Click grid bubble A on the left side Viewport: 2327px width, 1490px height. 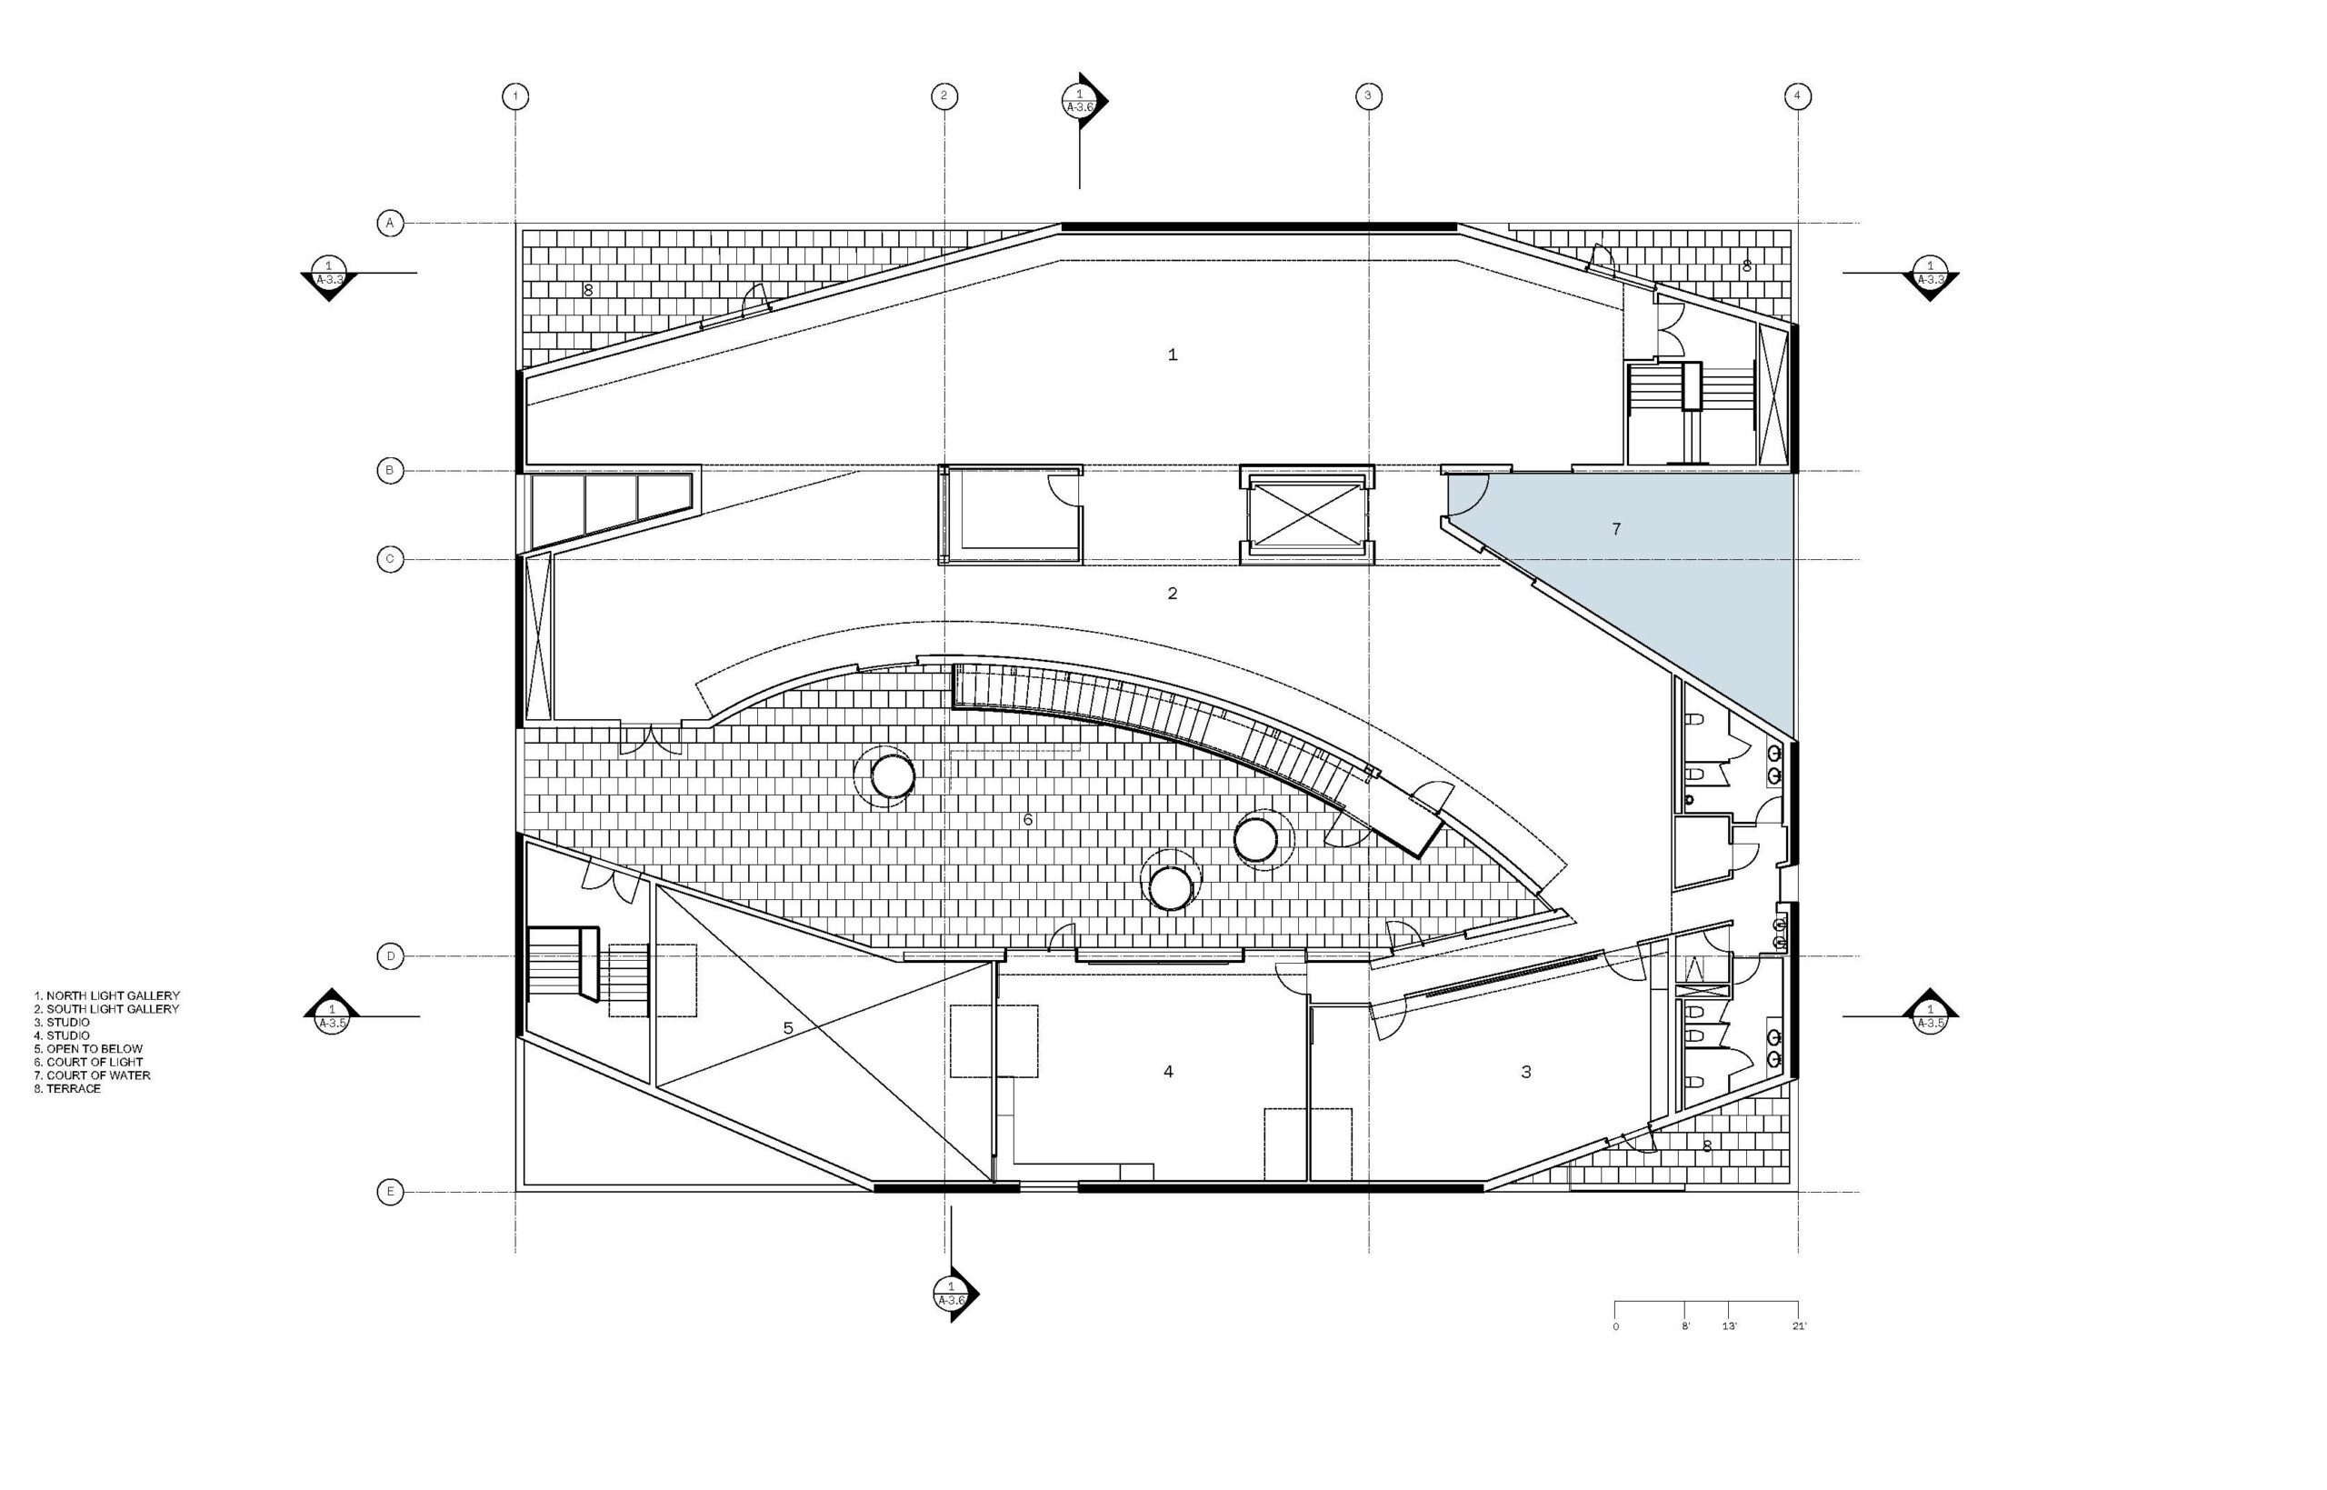pyautogui.click(x=390, y=224)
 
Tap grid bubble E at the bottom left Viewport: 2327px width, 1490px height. pyautogui.click(x=390, y=1192)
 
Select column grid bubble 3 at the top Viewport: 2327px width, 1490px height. pyautogui.click(x=1368, y=95)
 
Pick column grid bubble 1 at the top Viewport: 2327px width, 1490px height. pyautogui.click(x=515, y=95)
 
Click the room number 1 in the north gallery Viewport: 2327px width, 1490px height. pyautogui.click(x=1173, y=355)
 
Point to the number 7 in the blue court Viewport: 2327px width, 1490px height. pyautogui.click(x=1616, y=528)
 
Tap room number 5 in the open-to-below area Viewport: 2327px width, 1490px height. pyautogui.click(x=788, y=1028)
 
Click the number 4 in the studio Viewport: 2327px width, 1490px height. pyautogui.click(x=1168, y=1072)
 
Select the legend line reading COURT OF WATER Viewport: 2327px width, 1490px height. pyautogui.click(x=92, y=1075)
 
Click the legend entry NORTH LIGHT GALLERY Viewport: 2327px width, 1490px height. pyautogui.click(x=106, y=995)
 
